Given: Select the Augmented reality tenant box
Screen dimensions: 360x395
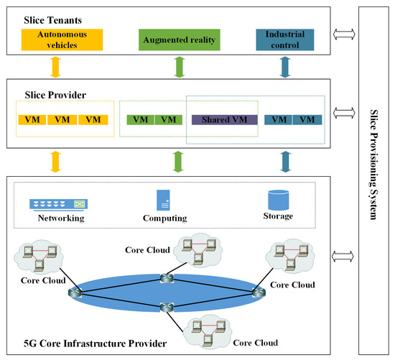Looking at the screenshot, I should coord(178,40).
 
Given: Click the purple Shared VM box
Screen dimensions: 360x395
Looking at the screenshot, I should coord(224,120).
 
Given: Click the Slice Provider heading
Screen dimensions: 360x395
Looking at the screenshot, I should coord(45,93).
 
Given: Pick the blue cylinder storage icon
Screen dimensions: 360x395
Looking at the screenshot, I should coord(277,199).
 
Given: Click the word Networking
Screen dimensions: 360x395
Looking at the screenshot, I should coord(61,218).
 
